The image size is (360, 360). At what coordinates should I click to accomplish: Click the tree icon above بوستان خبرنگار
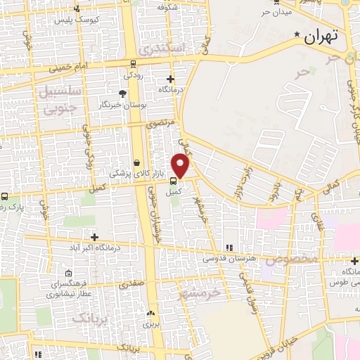pos(123,94)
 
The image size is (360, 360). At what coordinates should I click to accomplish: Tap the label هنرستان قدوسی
pos(227,258)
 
